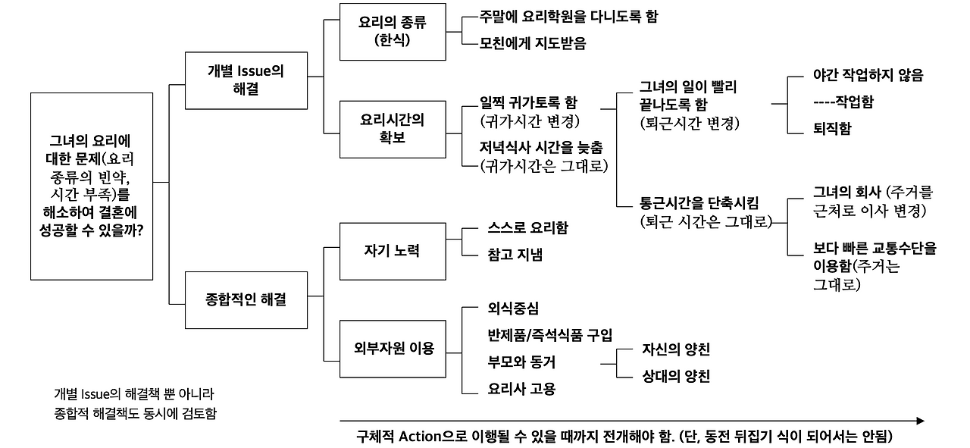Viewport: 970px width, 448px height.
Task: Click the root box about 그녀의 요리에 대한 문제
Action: pyautogui.click(x=92, y=186)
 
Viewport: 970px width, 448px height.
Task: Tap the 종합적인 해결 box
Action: pyautogui.click(x=245, y=299)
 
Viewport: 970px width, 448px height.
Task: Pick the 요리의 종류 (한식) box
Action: pyautogui.click(x=392, y=32)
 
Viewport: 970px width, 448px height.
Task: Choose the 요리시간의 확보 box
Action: pyautogui.click(x=392, y=129)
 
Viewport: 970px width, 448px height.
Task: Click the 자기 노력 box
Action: pyautogui.click(x=392, y=251)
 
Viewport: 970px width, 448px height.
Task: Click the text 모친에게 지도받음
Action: pyautogui.click(x=533, y=43)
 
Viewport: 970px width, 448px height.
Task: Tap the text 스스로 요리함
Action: pyautogui.click(x=528, y=228)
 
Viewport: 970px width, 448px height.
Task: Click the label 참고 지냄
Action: pyautogui.click(x=515, y=254)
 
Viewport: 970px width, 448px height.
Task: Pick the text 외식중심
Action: pyautogui.click(x=514, y=309)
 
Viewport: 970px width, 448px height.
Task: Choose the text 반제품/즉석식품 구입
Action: pyautogui.click(x=550, y=335)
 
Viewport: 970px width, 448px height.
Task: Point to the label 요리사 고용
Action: pyautogui.click(x=522, y=389)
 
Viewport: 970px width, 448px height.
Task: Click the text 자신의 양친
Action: pyautogui.click(x=675, y=349)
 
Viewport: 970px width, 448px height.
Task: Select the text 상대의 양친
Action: pyautogui.click(x=675, y=376)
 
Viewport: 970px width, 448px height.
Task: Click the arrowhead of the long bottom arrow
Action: pyautogui.click(x=920, y=421)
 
